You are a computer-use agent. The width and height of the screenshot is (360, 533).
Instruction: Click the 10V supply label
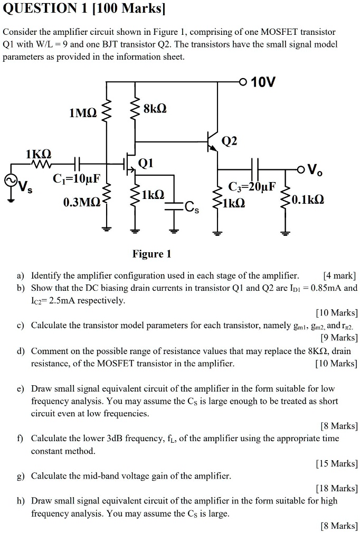click(x=263, y=82)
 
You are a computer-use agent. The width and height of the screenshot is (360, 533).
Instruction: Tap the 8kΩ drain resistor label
click(x=155, y=109)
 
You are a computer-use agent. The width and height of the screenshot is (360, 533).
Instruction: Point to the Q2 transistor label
click(x=230, y=140)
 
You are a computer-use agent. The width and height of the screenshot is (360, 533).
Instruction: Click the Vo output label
click(x=312, y=170)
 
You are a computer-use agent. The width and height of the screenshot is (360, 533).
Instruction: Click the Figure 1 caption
click(x=151, y=254)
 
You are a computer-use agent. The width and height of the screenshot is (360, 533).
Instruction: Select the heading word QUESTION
click(x=38, y=9)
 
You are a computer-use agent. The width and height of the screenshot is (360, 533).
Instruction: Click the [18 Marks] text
click(x=336, y=488)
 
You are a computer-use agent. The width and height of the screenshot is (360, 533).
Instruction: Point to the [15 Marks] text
click(x=336, y=463)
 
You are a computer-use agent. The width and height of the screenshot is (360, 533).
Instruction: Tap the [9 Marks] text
click(x=339, y=338)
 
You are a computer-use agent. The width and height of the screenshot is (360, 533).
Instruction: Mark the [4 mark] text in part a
click(x=340, y=275)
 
